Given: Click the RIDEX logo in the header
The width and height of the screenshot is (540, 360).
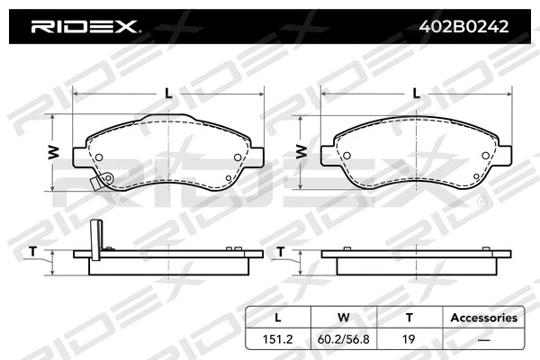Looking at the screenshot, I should [85, 27].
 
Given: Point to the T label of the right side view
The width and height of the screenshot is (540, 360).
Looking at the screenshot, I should [280, 250].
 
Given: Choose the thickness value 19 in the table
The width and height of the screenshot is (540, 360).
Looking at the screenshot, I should [409, 340].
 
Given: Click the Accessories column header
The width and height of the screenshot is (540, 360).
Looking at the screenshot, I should [483, 318].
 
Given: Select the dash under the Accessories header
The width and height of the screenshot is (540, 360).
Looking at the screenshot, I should [483, 340].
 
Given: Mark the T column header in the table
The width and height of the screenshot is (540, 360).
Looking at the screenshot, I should [409, 318].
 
